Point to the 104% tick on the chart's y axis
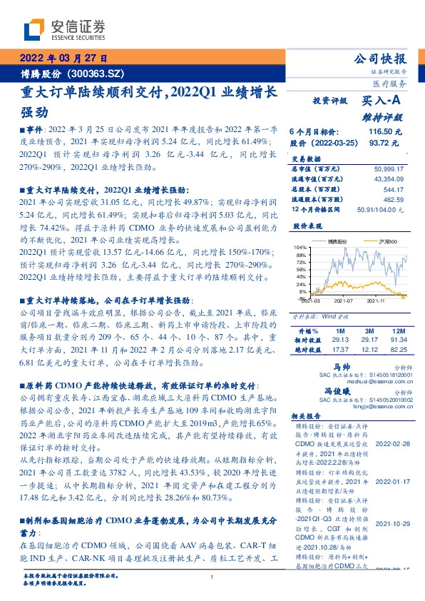[302, 247]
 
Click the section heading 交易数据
[307, 158]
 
